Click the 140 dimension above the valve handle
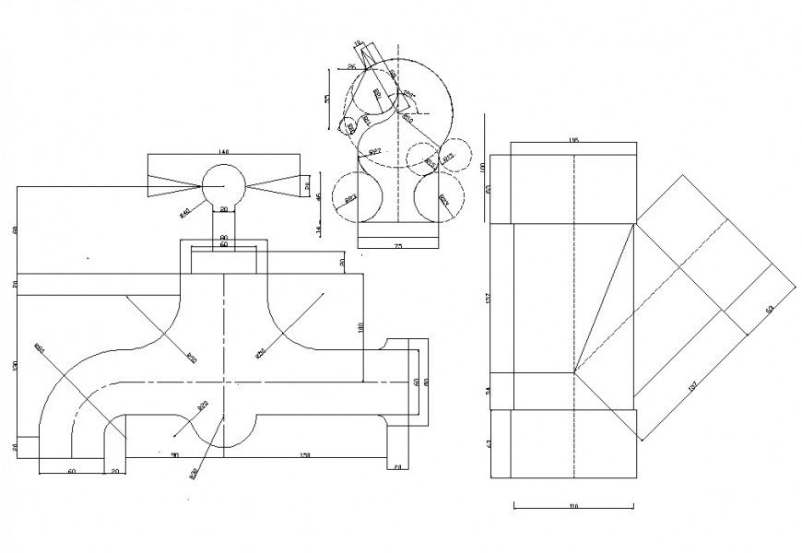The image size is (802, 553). [x=223, y=151]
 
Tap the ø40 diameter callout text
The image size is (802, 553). [x=184, y=213]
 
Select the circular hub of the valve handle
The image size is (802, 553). [x=224, y=182]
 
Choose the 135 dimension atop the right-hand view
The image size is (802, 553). [x=573, y=140]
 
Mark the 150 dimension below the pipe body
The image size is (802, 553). [x=305, y=453]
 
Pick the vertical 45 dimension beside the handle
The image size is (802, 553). [x=318, y=196]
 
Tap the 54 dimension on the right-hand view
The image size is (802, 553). [x=489, y=391]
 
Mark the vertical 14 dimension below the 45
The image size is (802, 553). [x=318, y=229]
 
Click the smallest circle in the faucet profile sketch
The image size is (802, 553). [x=348, y=127]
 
